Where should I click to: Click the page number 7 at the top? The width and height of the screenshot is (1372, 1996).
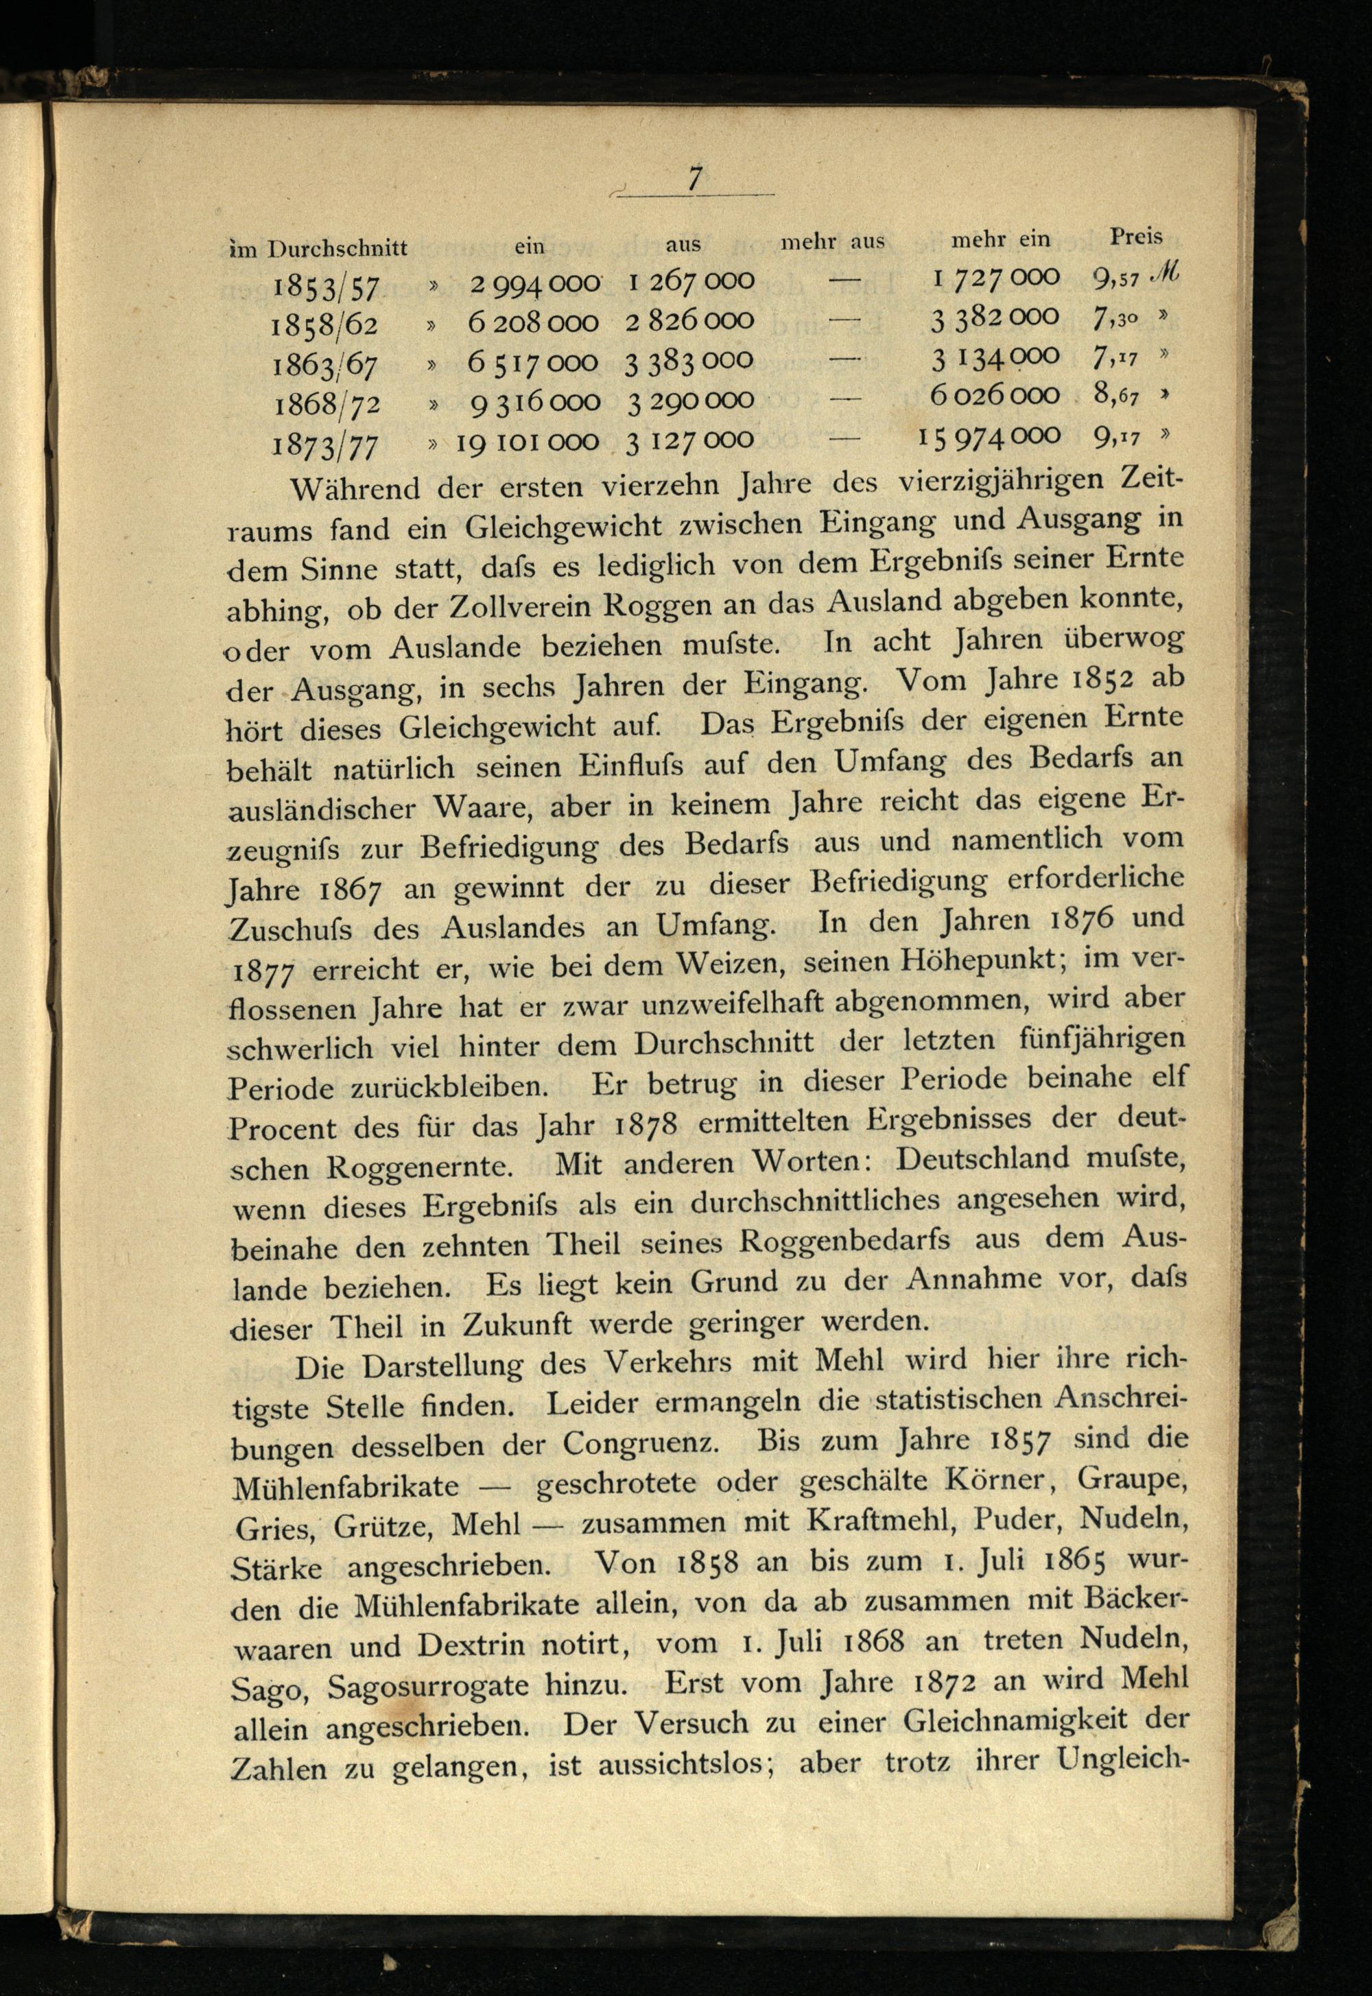695,179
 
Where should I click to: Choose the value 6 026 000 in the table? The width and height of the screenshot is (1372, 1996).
995,395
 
